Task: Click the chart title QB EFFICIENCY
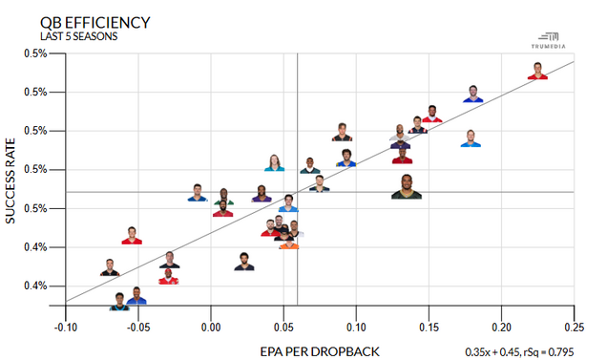point(95,23)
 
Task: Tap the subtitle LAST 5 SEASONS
point(79,36)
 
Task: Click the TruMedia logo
point(548,41)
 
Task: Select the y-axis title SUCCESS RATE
point(10,181)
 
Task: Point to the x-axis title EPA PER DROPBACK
point(320,351)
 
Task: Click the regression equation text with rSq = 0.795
point(519,352)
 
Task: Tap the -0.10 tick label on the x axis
point(66,328)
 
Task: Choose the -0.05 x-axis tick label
point(138,328)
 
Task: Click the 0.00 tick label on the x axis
point(211,328)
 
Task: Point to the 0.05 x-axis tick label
point(283,328)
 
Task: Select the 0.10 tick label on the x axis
point(356,328)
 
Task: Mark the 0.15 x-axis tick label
point(429,328)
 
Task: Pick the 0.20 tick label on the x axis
point(501,328)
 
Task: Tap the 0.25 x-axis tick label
point(575,328)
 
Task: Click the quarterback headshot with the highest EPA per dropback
point(537,71)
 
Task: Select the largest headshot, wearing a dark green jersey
point(407,187)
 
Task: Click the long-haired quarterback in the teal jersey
point(275,163)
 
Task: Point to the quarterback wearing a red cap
point(168,276)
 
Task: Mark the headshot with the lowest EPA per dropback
point(110,267)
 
